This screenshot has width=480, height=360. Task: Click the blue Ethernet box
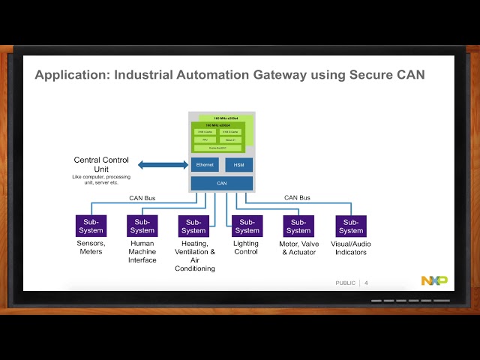pyautogui.click(x=205, y=165)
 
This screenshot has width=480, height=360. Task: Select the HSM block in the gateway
pyautogui.click(x=238, y=165)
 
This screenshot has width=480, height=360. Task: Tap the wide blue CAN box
pyautogui.click(x=221, y=184)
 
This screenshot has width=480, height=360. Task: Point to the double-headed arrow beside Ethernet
pyautogui.click(x=161, y=165)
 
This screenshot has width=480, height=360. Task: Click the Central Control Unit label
pyautogui.click(x=101, y=164)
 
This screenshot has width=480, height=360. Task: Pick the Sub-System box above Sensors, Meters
pyautogui.click(x=91, y=226)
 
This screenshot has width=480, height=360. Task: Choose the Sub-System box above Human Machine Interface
pyautogui.click(x=142, y=226)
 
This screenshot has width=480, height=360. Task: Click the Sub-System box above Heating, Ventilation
pyautogui.click(x=193, y=226)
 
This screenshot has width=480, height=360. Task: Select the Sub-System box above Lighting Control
pyautogui.click(x=246, y=226)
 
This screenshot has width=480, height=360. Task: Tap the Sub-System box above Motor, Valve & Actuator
pyautogui.click(x=298, y=226)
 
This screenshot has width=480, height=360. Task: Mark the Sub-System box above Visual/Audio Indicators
pyautogui.click(x=350, y=226)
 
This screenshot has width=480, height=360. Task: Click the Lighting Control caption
pyautogui.click(x=246, y=247)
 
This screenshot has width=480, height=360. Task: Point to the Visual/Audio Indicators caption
pyautogui.click(x=350, y=247)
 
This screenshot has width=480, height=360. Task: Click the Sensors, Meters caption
pyautogui.click(x=91, y=247)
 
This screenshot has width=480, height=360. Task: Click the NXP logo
pyautogui.click(x=433, y=280)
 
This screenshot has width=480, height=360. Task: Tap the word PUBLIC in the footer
pyautogui.click(x=346, y=283)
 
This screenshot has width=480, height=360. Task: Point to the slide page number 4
pyautogui.click(x=366, y=283)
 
